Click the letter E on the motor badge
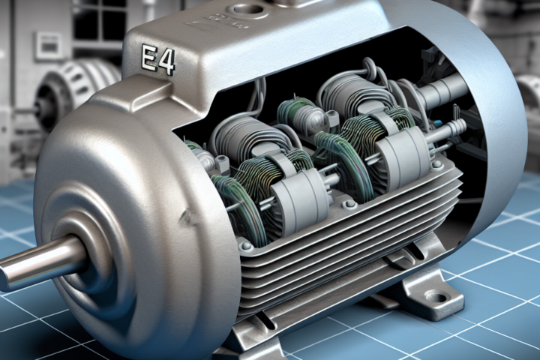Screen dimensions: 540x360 (x=149, y=59)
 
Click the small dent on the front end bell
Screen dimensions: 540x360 (x=188, y=216)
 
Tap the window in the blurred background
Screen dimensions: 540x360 (x=92, y=21)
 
